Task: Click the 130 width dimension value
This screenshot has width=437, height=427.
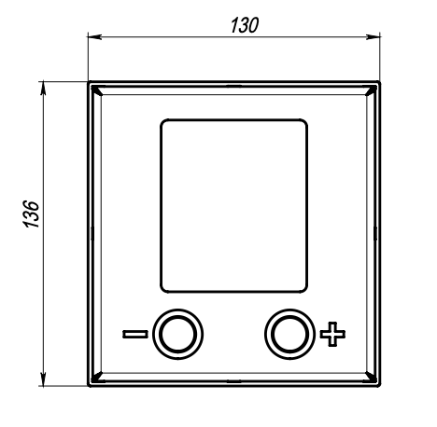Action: pyautogui.click(x=245, y=25)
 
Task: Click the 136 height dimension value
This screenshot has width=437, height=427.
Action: pyautogui.click(x=32, y=214)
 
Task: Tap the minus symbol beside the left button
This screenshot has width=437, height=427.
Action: pyautogui.click(x=135, y=334)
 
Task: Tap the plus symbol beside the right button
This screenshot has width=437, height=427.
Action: pyautogui.click(x=332, y=334)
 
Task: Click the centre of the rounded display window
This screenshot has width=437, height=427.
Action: pyautogui.click(x=234, y=206)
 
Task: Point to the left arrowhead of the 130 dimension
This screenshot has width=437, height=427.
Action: pyautogui.click(x=94, y=37)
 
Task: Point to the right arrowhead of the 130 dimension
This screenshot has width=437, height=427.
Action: pyautogui.click(x=373, y=37)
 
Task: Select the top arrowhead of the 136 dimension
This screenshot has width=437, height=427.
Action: pyautogui.click(x=43, y=88)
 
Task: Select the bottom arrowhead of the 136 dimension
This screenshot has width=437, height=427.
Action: pyautogui.click(x=43, y=379)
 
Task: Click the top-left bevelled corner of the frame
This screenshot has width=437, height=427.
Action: pyautogui.click(x=96, y=90)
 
